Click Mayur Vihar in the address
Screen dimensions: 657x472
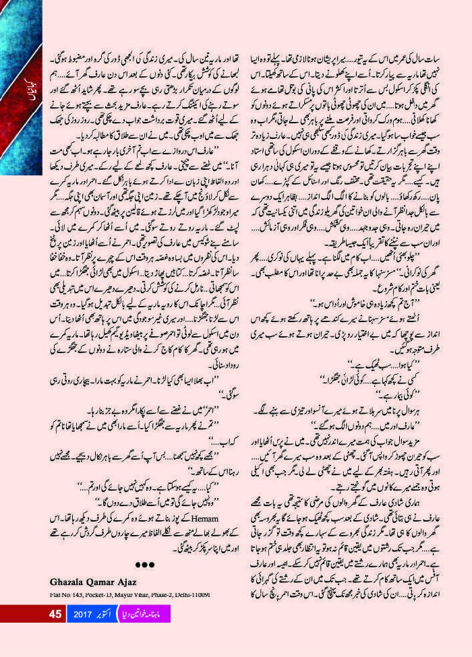132,594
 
